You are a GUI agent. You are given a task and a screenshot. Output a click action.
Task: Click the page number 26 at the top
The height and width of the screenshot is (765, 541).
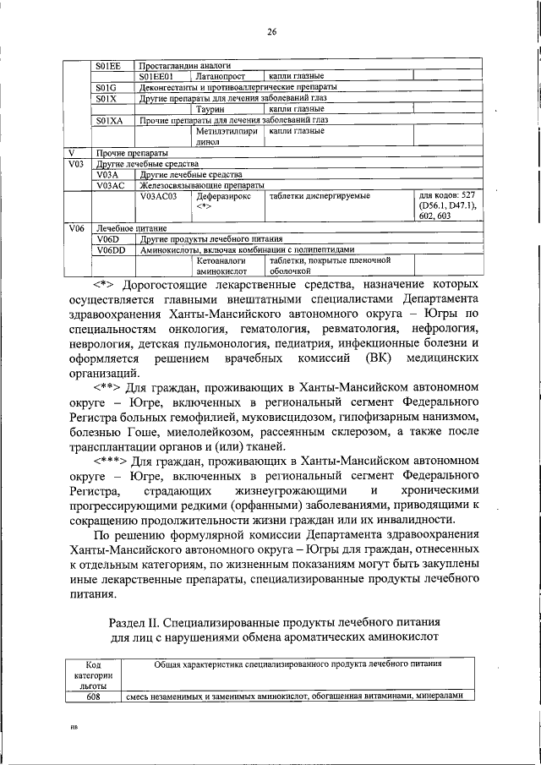coord(272,32)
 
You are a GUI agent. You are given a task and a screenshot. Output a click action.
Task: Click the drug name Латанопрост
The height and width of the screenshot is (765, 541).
coord(222,76)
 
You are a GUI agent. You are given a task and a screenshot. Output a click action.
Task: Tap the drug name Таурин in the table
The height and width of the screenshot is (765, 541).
coord(209,109)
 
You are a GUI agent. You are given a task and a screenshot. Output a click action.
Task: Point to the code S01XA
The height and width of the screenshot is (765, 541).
coord(109,120)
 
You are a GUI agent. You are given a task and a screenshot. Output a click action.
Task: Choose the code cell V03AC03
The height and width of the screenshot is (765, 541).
coord(158,195)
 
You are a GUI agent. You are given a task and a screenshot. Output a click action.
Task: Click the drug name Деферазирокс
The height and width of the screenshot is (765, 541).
coord(222,195)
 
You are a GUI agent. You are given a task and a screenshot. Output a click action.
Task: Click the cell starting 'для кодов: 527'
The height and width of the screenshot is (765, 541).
coord(448,205)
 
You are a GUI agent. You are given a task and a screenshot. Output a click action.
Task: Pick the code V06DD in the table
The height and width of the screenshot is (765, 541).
coord(111,250)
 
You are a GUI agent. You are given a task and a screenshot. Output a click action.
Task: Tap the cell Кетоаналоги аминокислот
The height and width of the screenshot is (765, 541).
coord(221,267)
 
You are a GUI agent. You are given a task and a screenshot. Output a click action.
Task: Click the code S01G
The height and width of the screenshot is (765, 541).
coord(106,87)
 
